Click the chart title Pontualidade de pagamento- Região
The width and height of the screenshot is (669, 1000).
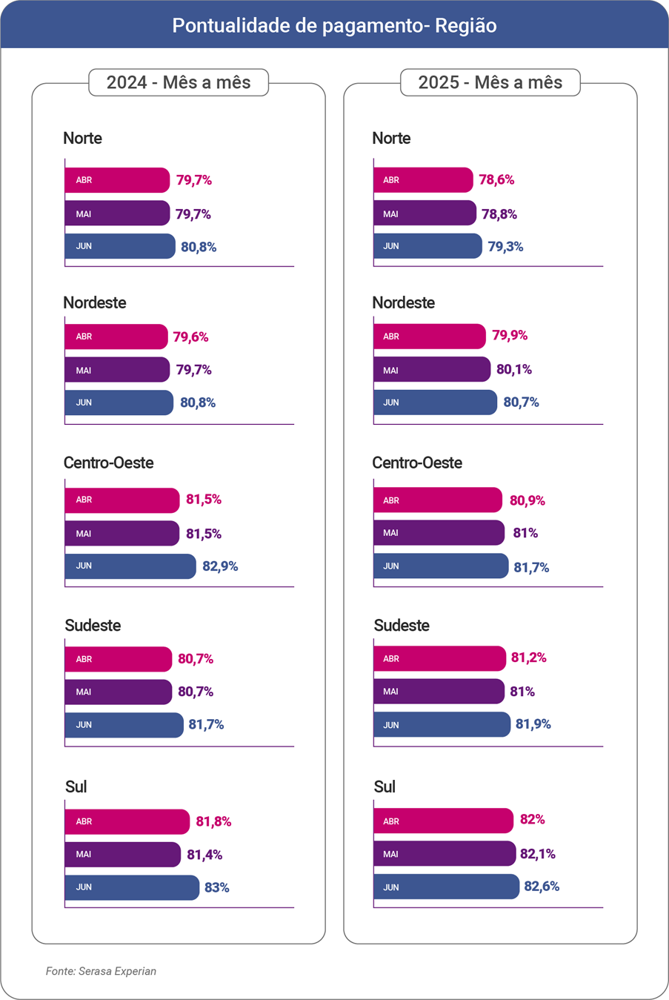tap(334, 25)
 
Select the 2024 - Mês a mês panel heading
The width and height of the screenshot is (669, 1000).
tap(179, 82)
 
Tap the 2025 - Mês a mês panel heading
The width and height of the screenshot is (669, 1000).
tap(490, 82)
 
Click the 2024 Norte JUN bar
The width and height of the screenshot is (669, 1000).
tap(120, 246)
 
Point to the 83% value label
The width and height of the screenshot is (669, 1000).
tap(216, 887)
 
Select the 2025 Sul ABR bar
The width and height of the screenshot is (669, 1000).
tap(443, 821)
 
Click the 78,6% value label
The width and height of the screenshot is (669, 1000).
tap(496, 180)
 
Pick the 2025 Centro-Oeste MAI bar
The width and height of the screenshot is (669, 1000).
tap(439, 533)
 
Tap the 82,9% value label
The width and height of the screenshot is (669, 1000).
tap(220, 566)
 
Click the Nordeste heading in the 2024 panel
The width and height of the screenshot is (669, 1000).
tap(95, 302)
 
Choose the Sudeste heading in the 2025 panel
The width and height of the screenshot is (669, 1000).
tap(402, 626)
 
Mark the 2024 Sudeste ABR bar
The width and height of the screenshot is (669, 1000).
tap(118, 659)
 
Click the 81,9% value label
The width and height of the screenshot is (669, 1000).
tap(533, 724)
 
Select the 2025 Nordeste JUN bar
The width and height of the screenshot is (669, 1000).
tap(435, 403)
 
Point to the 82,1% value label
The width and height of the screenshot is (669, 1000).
tap(537, 854)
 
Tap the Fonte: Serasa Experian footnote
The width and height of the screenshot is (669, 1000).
tap(101, 971)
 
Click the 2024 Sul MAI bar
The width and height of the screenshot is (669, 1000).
tap(122, 854)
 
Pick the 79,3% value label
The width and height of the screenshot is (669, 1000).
tap(505, 247)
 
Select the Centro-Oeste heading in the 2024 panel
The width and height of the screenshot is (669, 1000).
tap(108, 463)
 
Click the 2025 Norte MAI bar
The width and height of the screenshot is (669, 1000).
tap(425, 213)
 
